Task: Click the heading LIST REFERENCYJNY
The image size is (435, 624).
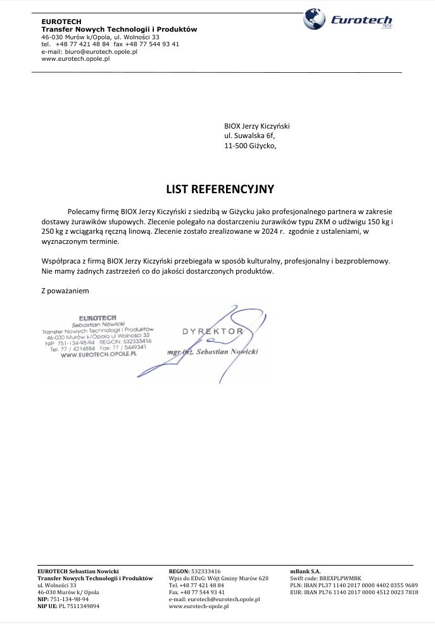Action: (220, 189)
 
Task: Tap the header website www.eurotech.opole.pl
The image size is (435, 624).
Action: (75, 58)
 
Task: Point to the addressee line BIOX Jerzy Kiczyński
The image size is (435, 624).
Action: (256, 126)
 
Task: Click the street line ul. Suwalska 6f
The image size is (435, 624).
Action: (250, 136)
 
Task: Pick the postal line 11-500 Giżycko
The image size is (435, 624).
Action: (250, 146)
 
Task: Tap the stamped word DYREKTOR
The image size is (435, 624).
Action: (213, 331)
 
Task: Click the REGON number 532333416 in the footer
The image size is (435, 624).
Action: (206, 571)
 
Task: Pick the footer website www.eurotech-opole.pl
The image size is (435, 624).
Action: (198, 606)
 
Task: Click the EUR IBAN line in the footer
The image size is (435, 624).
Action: (354, 592)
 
